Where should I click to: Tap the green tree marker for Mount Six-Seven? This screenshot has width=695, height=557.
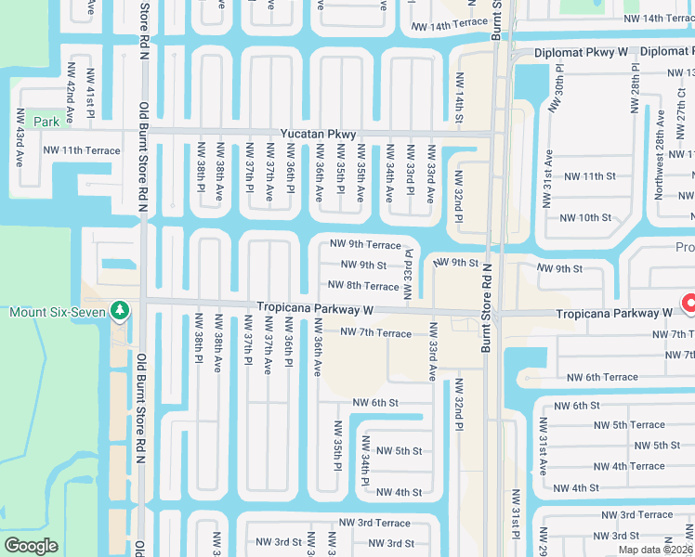point(119,311)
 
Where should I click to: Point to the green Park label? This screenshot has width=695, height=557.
point(46,122)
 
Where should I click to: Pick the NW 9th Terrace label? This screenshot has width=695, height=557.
point(366,244)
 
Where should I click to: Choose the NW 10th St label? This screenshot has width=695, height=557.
point(585,218)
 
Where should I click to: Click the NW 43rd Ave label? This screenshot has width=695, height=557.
point(19,139)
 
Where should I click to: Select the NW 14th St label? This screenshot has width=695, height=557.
point(458,99)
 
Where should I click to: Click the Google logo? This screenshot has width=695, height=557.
point(31,546)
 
